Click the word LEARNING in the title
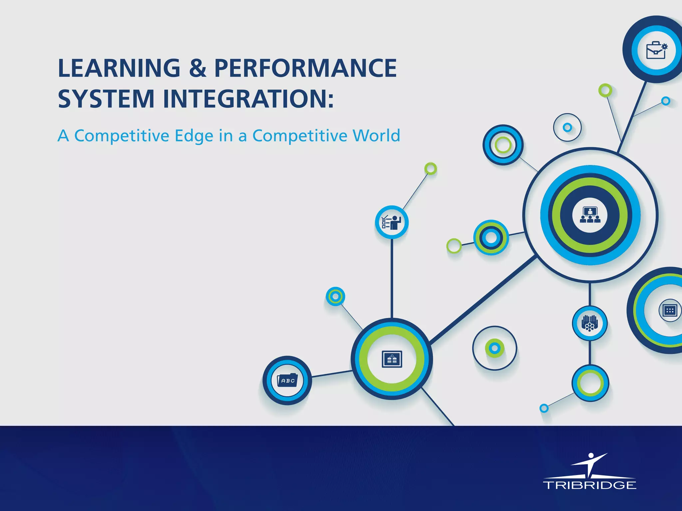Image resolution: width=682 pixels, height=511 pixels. click(119, 68)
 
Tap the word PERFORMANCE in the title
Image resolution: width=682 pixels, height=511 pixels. click(305, 68)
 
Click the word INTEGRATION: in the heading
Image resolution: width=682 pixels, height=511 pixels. click(248, 99)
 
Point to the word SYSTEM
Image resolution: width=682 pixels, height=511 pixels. click(106, 99)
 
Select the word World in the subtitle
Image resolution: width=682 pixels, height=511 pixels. click(376, 136)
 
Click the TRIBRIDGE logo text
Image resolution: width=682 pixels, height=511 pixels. click(589, 485)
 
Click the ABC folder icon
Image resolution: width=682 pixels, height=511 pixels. click(287, 380)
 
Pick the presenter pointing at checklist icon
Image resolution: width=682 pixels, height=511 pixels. click(392, 222)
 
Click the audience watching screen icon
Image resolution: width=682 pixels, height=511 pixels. click(590, 215)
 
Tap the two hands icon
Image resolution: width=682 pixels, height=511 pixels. click(589, 323)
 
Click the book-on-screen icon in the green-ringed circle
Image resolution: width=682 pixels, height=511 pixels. click(392, 359)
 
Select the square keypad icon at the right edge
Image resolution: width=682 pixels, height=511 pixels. click(669, 311)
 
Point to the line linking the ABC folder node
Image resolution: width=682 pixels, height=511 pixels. click(331, 374)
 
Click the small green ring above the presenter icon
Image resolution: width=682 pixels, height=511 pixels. click(431, 169)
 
